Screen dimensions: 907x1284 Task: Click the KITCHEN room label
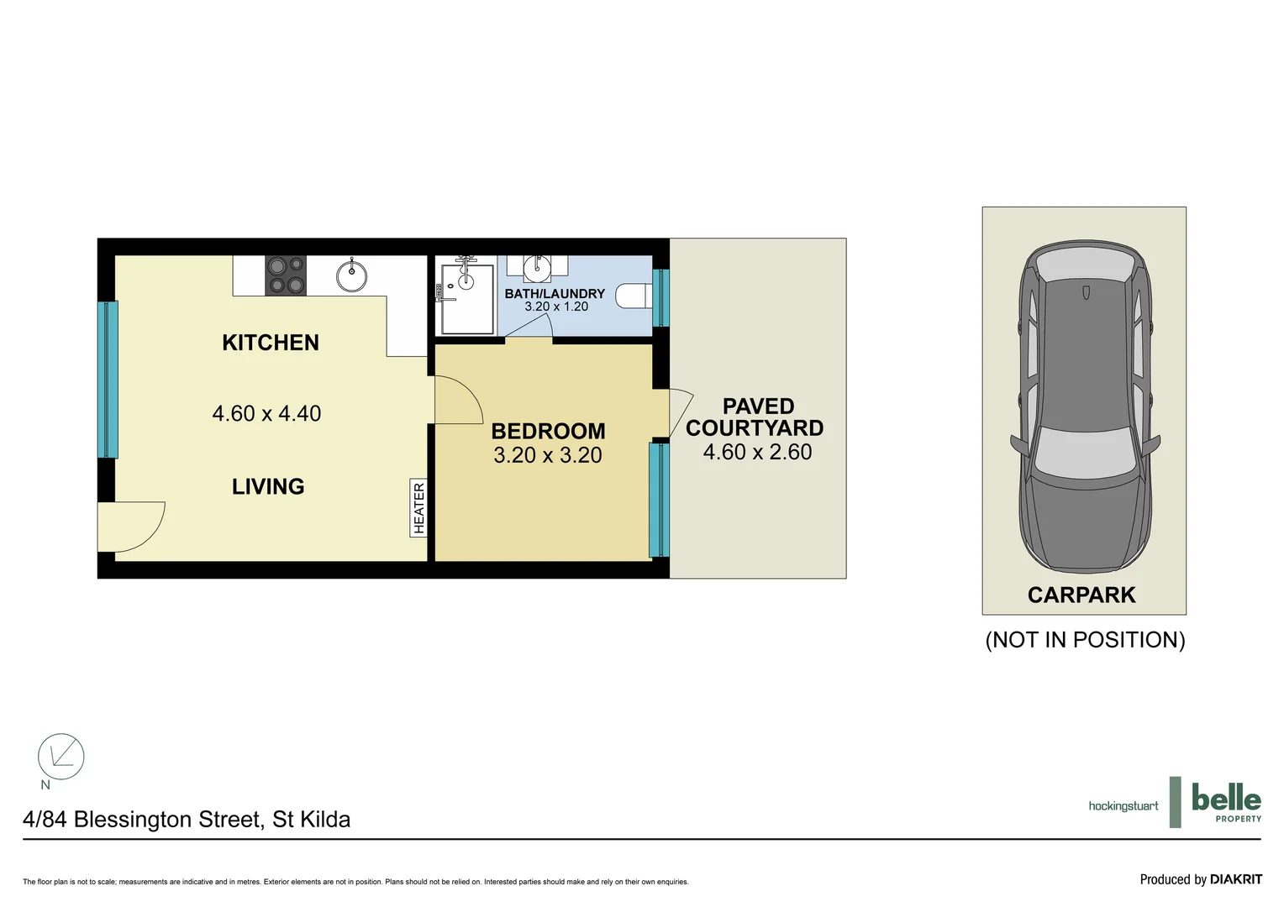coord(270,343)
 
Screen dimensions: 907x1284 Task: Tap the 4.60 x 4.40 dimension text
coord(266,413)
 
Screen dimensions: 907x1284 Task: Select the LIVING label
coord(268,486)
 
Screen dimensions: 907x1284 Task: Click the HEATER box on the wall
coord(418,508)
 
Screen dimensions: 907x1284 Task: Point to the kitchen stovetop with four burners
coord(286,275)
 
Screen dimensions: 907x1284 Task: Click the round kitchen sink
coord(351,275)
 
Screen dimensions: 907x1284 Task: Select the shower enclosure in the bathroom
coord(465,298)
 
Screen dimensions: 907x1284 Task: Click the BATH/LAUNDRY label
coord(555,294)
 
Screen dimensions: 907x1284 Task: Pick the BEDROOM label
coord(548,431)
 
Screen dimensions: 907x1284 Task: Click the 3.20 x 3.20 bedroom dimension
coord(548,455)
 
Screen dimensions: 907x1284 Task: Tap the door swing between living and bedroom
coord(458,401)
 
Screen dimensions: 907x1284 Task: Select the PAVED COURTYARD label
coord(755,417)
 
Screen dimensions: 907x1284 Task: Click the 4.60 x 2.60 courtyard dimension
coord(757,452)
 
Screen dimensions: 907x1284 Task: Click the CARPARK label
coord(1081,595)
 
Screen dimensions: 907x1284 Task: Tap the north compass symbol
coord(61,757)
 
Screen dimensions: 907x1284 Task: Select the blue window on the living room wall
coord(108,380)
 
